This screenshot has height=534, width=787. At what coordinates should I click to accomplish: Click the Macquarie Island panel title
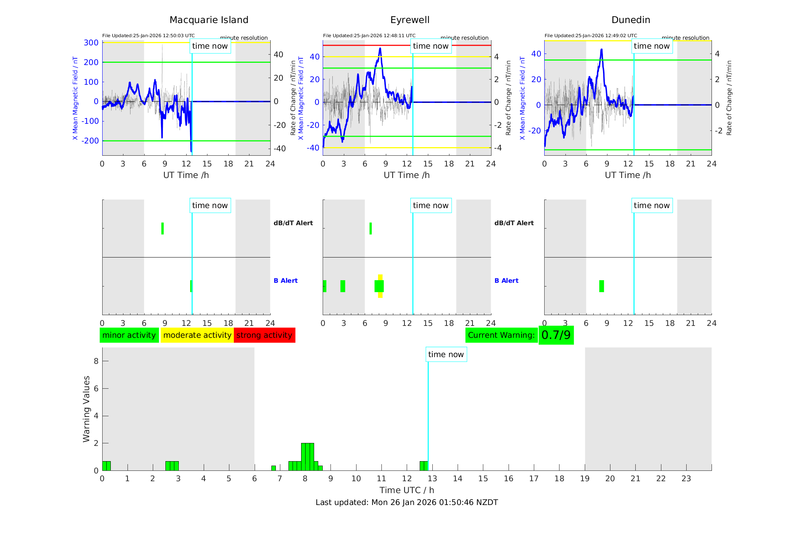(209, 20)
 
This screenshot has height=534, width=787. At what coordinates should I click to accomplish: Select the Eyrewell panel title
(410, 20)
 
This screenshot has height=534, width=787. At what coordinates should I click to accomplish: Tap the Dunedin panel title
(630, 20)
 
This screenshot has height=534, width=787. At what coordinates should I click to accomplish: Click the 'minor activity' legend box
(129, 335)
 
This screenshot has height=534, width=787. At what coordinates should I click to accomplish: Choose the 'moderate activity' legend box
(197, 335)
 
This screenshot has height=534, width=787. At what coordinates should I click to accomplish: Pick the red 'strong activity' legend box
(264, 335)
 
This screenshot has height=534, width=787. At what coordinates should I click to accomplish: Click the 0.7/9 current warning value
(556, 335)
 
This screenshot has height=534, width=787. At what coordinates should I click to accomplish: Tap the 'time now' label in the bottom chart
(446, 355)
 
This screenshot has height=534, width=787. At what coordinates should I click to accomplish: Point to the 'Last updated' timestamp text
(407, 502)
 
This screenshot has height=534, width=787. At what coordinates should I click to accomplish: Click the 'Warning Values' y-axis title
(86, 409)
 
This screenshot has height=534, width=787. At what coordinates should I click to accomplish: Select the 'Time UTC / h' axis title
(407, 490)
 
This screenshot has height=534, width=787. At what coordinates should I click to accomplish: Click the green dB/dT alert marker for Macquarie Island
(162, 229)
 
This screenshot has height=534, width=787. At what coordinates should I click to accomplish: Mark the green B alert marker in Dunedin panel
(601, 286)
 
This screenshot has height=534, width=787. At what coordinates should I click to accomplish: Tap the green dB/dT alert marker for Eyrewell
(371, 229)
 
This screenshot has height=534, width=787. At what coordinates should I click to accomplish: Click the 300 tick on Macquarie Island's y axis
(91, 43)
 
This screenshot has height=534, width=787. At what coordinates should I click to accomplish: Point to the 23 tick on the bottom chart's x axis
(686, 479)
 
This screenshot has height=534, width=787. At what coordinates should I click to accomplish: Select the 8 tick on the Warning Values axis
(96, 361)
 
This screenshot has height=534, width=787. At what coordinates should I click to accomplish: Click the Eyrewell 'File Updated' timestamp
(369, 36)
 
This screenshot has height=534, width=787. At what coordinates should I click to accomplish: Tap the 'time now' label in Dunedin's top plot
(652, 46)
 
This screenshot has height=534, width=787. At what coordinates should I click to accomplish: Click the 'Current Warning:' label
(501, 335)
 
